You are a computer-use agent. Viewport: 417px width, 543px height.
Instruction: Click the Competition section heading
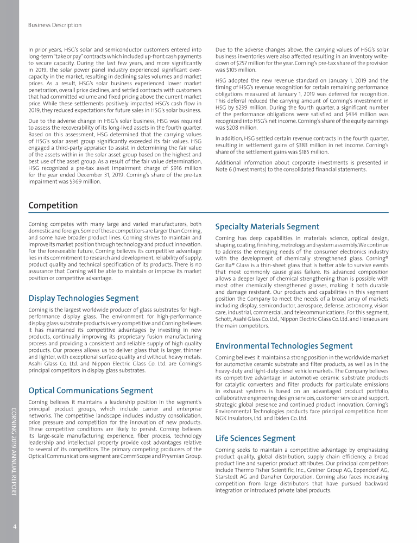pyautogui.click(x=53, y=205)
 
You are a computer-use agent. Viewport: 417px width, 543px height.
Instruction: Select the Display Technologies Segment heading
pyautogui.click(x=83, y=298)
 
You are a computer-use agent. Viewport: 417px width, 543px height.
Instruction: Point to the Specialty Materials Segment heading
pyautogui.click(x=267, y=227)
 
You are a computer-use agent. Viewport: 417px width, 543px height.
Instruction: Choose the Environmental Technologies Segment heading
pyautogui.click(x=283, y=345)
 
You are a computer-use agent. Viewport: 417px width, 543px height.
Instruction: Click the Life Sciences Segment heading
pyautogui.click(x=255, y=438)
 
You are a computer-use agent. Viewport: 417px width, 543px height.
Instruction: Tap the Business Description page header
pyautogui.click(x=54, y=25)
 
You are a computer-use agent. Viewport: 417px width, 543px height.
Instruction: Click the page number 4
pyautogui.click(x=14, y=526)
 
